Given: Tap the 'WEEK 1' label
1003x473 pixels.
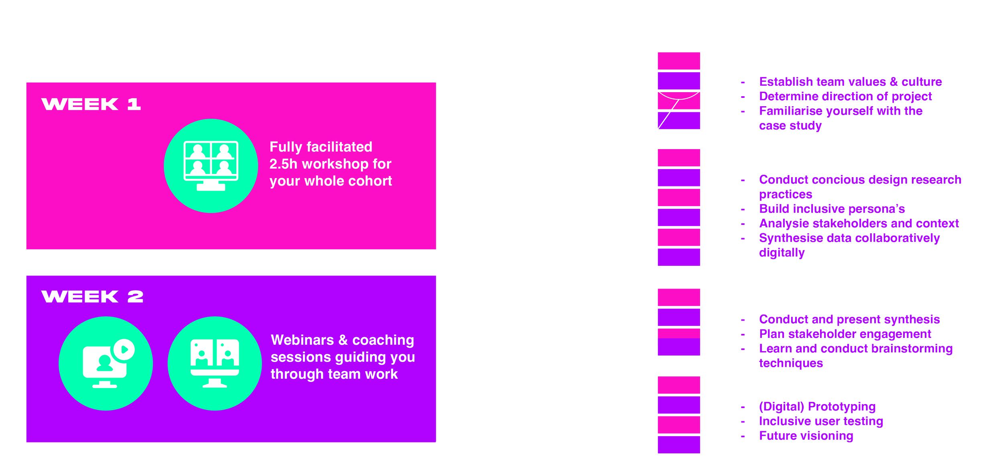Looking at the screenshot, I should (91, 104).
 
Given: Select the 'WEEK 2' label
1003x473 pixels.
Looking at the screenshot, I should (92, 297).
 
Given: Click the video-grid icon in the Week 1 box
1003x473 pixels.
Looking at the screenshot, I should (211, 166).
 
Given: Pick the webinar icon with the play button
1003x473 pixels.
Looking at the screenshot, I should (106, 363).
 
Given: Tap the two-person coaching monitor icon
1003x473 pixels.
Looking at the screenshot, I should (215, 363).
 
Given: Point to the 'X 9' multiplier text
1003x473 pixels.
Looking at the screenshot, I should (526, 165).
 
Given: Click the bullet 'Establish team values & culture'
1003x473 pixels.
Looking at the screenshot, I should (851, 82).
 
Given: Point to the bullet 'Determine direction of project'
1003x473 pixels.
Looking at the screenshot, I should (845, 96).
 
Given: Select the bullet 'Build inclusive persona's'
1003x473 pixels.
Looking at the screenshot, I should (832, 209).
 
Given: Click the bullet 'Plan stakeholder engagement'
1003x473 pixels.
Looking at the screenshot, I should (845, 334).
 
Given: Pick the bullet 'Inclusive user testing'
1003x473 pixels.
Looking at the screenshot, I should (821, 421).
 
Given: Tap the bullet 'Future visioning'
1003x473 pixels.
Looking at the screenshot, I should (806, 436).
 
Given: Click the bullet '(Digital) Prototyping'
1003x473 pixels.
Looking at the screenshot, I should (817, 406).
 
